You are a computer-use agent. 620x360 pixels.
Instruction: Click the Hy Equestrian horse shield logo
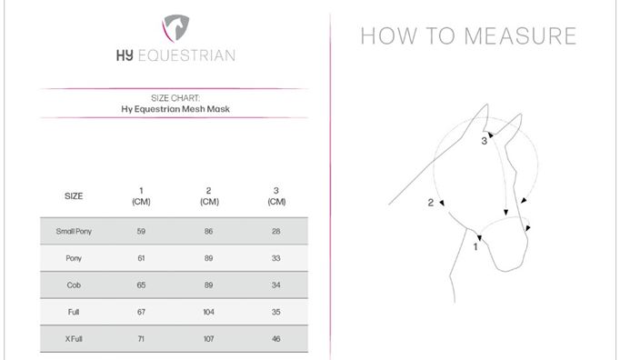[175, 28]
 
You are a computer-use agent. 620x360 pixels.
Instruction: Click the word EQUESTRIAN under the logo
[186, 55]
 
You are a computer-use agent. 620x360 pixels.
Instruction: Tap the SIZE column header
[74, 196]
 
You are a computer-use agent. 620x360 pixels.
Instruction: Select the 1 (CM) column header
[141, 196]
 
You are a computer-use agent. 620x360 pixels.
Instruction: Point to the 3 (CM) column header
[276, 196]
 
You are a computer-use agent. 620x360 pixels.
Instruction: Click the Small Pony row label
[74, 232]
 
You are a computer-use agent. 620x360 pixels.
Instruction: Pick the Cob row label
[74, 285]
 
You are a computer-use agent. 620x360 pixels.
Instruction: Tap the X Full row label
[74, 339]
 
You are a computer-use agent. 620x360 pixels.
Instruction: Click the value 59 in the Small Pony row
[141, 232]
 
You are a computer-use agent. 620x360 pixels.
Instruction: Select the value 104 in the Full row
[209, 312]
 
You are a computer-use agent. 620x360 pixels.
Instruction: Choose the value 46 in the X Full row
[276, 339]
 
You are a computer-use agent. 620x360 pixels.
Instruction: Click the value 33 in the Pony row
[276, 258]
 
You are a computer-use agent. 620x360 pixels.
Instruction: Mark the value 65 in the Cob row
[141, 285]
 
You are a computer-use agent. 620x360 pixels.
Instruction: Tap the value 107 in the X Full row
[209, 339]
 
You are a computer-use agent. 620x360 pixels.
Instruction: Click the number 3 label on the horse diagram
[484, 141]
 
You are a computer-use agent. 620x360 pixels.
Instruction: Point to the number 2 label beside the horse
[431, 203]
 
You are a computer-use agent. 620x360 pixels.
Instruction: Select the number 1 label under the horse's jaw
[475, 247]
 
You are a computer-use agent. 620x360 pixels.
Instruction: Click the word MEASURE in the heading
[520, 36]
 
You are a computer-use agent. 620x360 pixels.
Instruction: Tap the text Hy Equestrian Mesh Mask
[175, 109]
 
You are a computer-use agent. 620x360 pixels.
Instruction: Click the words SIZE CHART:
[175, 98]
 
